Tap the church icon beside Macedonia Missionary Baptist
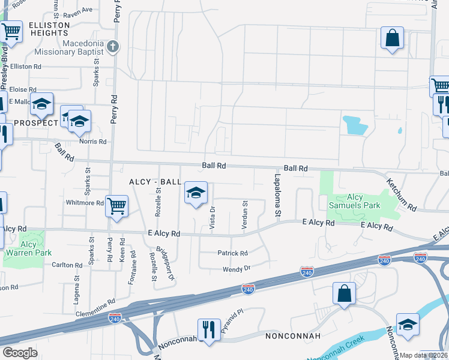point(113,46)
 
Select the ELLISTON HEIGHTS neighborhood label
point(44,29)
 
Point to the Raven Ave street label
point(78,10)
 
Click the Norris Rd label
point(93,142)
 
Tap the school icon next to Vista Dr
point(196,193)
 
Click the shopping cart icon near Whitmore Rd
point(116,206)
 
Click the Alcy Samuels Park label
point(363,201)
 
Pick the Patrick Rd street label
point(232,253)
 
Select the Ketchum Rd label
point(402,194)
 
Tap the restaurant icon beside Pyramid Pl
point(208,330)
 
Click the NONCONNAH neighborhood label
point(292,335)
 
